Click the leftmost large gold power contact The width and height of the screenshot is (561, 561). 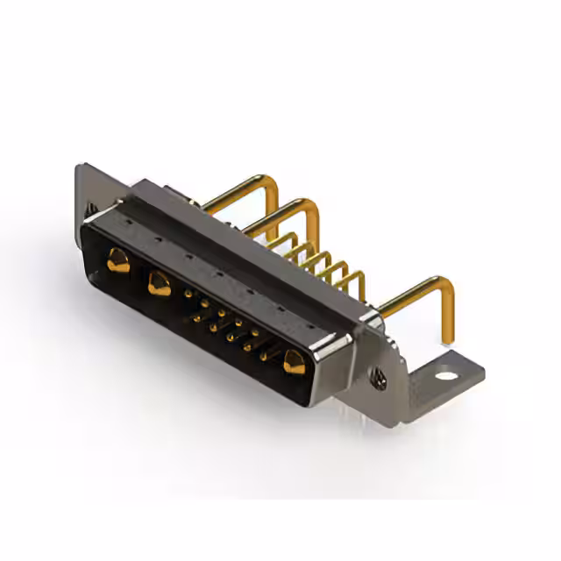pos(117,259)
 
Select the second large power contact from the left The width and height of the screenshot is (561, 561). pos(159,283)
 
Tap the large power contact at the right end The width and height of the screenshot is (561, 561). pos(293,360)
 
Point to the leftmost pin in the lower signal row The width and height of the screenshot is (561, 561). pos(195,317)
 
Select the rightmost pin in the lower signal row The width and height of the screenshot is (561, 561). pos(263,356)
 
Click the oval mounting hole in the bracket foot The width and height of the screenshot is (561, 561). pos(446,376)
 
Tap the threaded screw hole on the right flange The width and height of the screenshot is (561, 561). pos(379,378)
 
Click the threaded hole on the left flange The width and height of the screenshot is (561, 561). pos(91,209)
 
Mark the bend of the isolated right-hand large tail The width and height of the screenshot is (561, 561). pos(445,285)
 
